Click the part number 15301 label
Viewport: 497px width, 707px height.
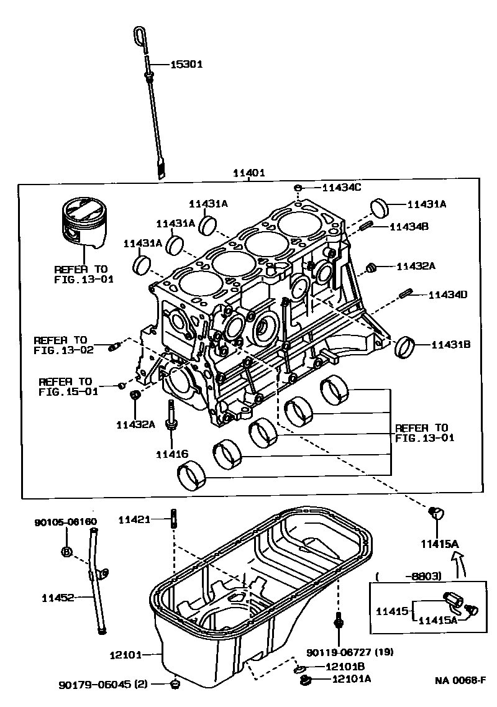pyautogui.click(x=186, y=64)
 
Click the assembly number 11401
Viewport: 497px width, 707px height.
pyautogui.click(x=248, y=173)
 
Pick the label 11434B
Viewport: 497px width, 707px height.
pyautogui.click(x=409, y=227)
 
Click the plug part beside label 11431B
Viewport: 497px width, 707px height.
pyautogui.click(x=404, y=346)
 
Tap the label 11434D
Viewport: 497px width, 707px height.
pyautogui.click(x=447, y=294)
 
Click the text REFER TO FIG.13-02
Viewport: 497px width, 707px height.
pyautogui.click(x=63, y=345)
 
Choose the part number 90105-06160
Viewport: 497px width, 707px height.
pyautogui.click(x=65, y=522)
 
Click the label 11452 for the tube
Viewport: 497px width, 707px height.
pyautogui.click(x=58, y=598)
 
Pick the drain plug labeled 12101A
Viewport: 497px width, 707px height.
pyautogui.click(x=304, y=682)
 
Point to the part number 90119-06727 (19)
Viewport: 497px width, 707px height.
pyautogui.click(x=350, y=652)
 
